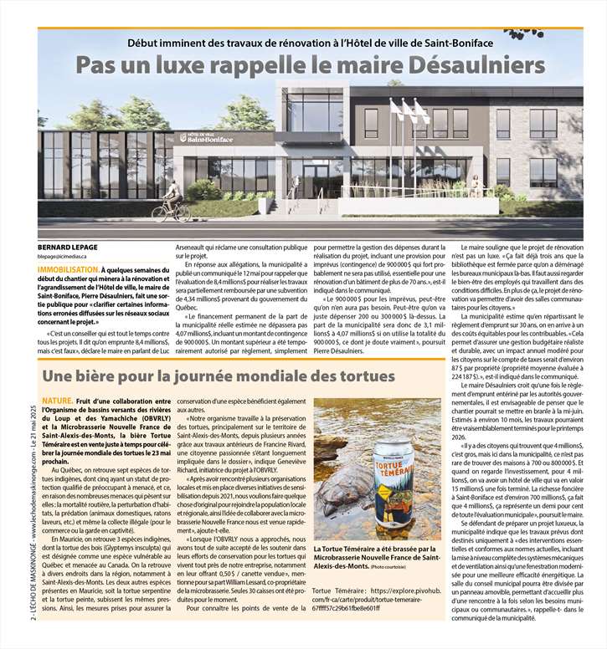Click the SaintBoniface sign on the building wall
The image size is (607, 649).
(204, 138)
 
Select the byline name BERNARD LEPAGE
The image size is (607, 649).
(68, 247)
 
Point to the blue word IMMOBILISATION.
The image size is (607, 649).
(69, 271)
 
